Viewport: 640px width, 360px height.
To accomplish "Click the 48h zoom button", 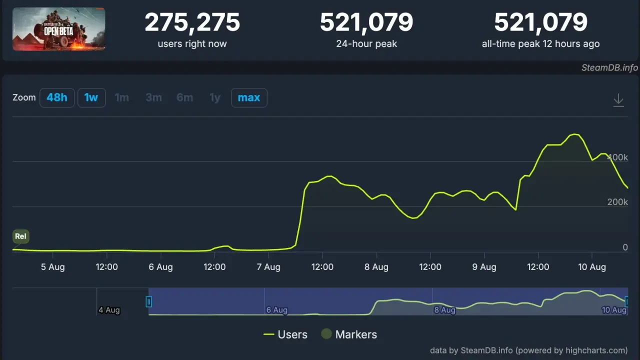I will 57,97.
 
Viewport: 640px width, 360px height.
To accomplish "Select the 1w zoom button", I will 91,97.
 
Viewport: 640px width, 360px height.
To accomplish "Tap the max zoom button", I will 249,97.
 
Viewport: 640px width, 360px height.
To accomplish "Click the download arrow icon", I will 618,100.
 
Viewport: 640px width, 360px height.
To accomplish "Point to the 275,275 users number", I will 192,22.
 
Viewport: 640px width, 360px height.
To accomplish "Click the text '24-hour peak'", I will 366,44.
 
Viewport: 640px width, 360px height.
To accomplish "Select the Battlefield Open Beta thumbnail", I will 59,29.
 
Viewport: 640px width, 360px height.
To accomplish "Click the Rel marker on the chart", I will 20,236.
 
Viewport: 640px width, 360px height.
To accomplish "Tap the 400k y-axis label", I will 617,157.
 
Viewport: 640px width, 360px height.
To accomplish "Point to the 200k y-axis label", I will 617,202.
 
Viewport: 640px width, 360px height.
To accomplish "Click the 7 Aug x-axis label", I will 268,267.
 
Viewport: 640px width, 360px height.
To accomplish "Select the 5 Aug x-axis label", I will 53,267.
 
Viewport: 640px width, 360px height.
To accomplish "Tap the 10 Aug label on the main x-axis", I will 592,267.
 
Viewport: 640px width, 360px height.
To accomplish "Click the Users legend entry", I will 285,334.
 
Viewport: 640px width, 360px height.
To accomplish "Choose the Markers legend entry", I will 349,334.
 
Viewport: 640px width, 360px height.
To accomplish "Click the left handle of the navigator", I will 148,301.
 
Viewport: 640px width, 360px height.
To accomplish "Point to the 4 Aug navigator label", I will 109,310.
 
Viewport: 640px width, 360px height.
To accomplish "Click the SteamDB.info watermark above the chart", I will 609,67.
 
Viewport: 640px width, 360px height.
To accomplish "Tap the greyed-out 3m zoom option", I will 153,97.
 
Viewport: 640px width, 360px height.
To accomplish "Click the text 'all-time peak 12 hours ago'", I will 540,44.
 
